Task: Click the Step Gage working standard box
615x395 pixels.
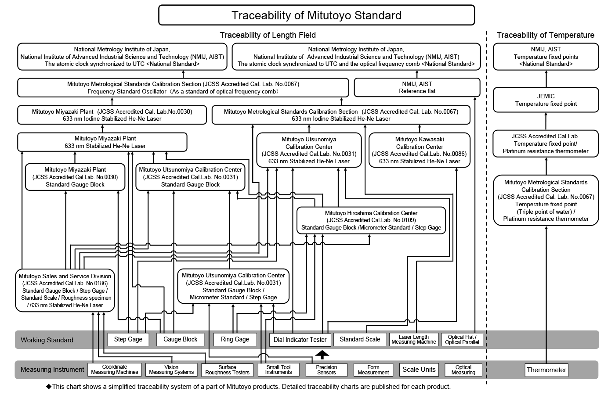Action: pyautogui.click(x=128, y=339)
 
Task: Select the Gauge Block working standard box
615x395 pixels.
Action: pyautogui.click(x=180, y=339)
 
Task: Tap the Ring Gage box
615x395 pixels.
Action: pyautogui.click(x=235, y=339)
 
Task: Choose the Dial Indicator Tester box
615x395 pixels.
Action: pyautogui.click(x=300, y=340)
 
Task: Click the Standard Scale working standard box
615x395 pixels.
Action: pyautogui.click(x=360, y=339)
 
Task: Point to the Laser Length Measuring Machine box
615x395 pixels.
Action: pyautogui.click(x=414, y=340)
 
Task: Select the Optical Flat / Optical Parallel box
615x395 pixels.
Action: pyautogui.click(x=462, y=340)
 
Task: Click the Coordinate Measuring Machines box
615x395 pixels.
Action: pyautogui.click(x=115, y=370)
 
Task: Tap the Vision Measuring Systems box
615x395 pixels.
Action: pyautogui.click(x=171, y=370)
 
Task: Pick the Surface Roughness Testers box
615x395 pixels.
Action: pyautogui.click(x=227, y=370)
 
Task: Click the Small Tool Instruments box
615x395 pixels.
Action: pyautogui.click(x=279, y=370)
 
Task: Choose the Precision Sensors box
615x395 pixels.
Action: pyautogui.click(x=326, y=370)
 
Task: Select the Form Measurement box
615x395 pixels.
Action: pyautogui.click(x=373, y=370)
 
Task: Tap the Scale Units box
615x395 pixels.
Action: pyautogui.click(x=419, y=370)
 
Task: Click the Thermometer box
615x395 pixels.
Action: pyautogui.click(x=546, y=370)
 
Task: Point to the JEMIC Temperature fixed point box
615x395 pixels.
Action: pyautogui.click(x=546, y=100)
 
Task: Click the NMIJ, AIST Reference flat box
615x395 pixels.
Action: pyautogui.click(x=417, y=87)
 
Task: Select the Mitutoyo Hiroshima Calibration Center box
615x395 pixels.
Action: pyautogui.click(x=371, y=220)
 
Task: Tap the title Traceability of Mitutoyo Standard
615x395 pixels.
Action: pyautogui.click(x=316, y=15)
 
